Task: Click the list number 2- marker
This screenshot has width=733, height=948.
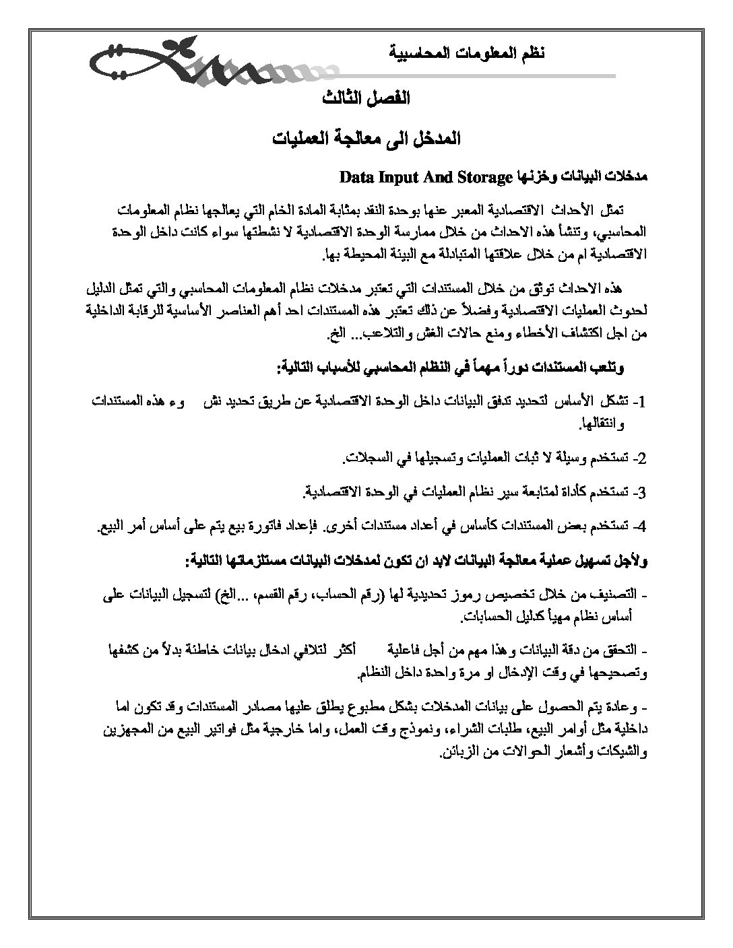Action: click(x=639, y=460)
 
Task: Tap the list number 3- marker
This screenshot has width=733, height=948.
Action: click(x=639, y=492)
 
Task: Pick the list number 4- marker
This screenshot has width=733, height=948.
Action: click(x=639, y=525)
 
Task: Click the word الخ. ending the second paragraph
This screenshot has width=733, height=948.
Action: click(x=336, y=333)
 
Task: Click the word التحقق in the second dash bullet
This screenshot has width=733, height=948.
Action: click(x=618, y=651)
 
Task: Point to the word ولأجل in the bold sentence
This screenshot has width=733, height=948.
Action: click(x=632, y=559)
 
